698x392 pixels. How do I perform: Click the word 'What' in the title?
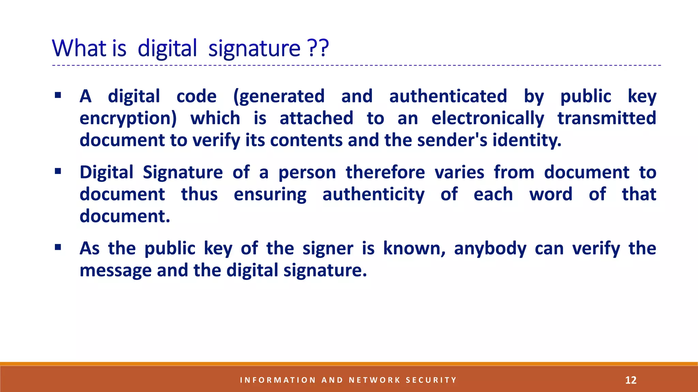point(79,48)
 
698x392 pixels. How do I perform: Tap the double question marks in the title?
point(318,48)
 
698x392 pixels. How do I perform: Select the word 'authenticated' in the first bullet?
point(448,96)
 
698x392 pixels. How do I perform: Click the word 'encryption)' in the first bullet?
point(128,119)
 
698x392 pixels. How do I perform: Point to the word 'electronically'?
point(488,119)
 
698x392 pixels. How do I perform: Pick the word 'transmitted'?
point(607,118)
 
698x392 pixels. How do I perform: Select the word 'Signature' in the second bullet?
point(183,173)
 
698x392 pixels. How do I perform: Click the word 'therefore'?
point(385,172)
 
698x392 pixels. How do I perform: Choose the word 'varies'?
point(459,173)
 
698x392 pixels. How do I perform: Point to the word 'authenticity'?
point(374,195)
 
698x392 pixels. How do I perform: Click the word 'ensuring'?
point(270,195)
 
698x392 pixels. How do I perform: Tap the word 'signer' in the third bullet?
point(328,249)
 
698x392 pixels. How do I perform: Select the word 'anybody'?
point(490,249)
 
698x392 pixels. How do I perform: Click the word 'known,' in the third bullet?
point(414,248)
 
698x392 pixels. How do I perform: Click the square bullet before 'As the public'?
point(58,247)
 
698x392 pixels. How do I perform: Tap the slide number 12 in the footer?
point(631,380)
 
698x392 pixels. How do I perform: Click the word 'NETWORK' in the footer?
point(375,380)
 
